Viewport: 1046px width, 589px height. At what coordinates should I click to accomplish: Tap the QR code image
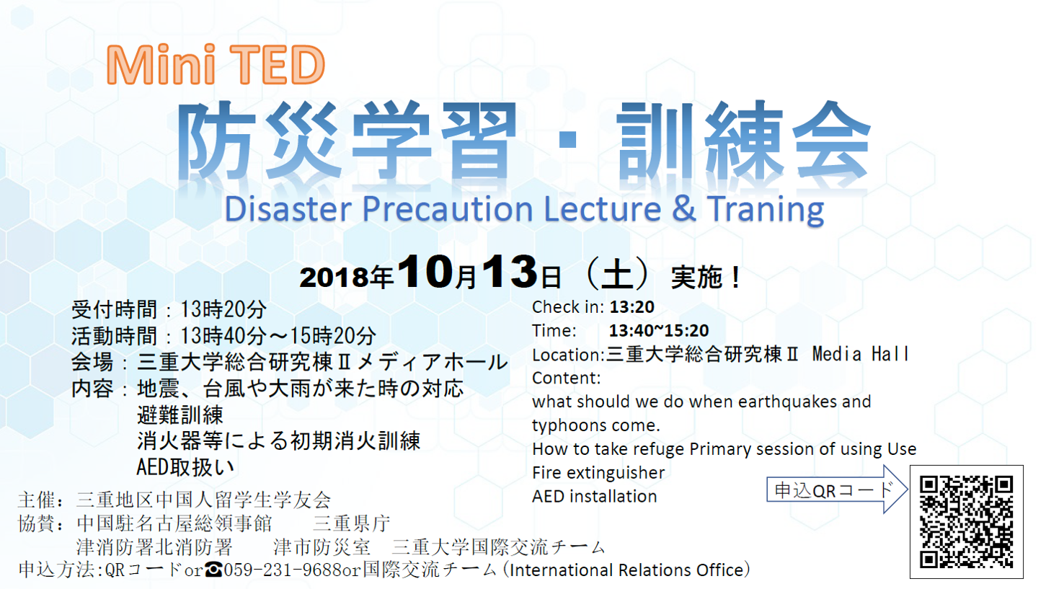[x=966, y=522]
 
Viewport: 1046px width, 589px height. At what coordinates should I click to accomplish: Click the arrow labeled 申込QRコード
[x=837, y=490]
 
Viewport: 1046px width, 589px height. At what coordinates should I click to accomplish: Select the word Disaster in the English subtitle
[x=288, y=208]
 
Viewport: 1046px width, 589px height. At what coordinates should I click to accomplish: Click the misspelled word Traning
[x=766, y=210]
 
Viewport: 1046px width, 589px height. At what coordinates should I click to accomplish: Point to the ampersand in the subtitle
[x=683, y=208]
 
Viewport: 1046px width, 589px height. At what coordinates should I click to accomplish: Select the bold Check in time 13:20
[x=631, y=307]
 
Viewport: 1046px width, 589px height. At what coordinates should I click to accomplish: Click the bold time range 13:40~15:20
[x=658, y=331]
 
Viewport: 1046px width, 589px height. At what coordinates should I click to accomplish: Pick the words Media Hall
[x=860, y=354]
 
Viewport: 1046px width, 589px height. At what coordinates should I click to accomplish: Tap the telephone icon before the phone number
[x=213, y=570]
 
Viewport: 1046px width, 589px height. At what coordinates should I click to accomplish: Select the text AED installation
[x=595, y=496]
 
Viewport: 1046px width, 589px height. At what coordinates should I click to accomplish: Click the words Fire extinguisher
[x=598, y=473]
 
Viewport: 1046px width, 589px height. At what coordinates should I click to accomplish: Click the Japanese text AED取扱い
[x=185, y=466]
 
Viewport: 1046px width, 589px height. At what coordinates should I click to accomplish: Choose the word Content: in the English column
[x=567, y=378]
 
